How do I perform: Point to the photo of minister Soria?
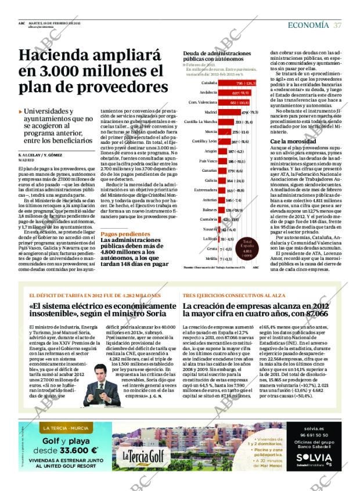click(x=102, y=369)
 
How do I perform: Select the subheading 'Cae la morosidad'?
click(x=286, y=142)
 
